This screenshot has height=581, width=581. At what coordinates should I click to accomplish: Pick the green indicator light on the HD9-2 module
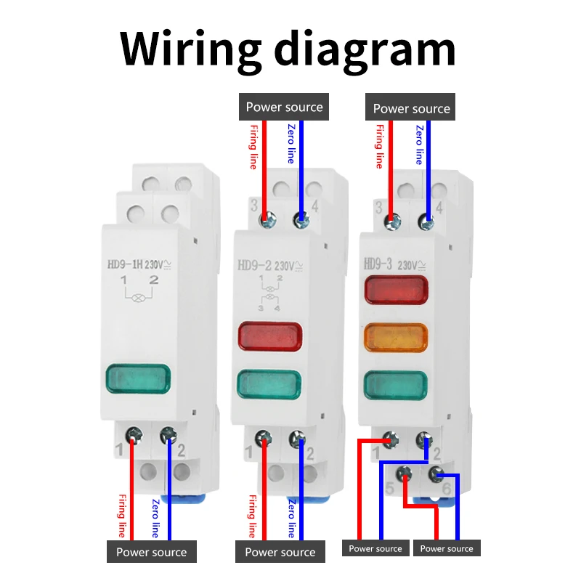coord(269,383)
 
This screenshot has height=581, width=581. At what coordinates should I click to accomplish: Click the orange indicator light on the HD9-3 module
coord(396,337)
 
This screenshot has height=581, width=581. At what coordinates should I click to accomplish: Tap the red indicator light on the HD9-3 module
coord(396,290)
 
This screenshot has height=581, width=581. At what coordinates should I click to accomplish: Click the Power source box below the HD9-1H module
coord(151,552)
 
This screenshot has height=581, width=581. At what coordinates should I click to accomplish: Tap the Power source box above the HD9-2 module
coord(284,107)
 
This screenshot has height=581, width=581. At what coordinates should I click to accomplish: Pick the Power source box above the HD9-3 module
coord(411,108)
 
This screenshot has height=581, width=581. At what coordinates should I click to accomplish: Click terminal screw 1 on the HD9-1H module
coord(133,435)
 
